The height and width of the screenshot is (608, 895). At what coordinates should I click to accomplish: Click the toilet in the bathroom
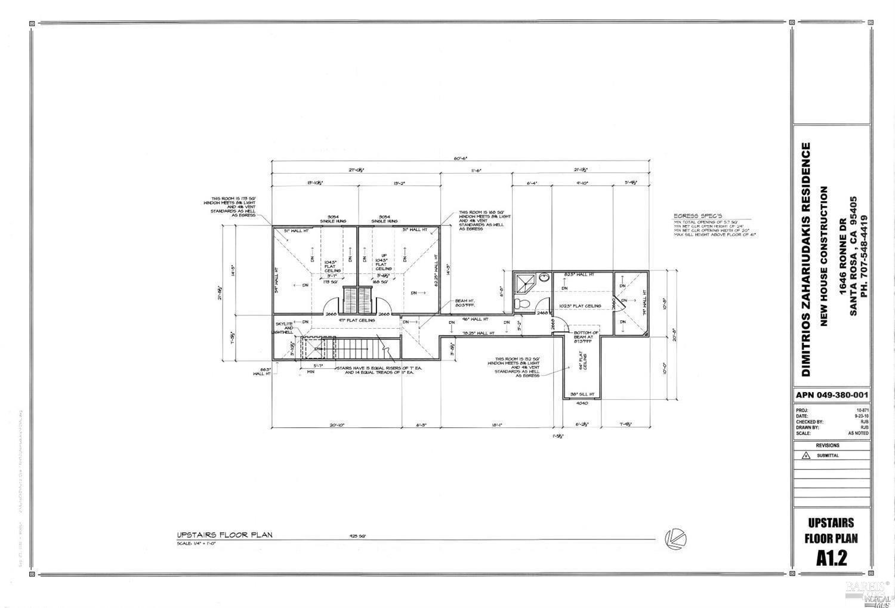522,304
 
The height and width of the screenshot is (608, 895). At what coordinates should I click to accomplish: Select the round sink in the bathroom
544,278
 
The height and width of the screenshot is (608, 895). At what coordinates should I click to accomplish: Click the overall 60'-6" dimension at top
460,159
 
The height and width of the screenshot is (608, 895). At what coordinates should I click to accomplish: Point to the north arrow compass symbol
675,538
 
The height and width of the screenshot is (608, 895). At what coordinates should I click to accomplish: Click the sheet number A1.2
832,557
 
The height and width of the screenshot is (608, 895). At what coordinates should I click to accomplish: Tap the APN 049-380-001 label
832,395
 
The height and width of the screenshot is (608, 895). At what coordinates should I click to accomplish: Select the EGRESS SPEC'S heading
698,215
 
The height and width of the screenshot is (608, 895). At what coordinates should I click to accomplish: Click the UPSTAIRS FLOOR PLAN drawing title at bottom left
224,535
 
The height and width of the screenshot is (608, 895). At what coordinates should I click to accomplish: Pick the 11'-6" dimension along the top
476,171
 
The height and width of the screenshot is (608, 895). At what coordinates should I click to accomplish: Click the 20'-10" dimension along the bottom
337,425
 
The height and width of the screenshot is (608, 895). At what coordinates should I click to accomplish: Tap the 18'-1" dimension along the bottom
496,425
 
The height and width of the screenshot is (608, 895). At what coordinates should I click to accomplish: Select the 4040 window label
582,403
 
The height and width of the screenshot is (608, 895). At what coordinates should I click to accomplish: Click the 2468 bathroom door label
542,313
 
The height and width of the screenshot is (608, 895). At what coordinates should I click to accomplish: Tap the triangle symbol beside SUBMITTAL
806,455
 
